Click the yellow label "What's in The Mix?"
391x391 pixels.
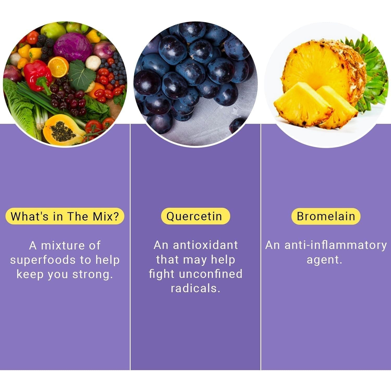click(x=65, y=216)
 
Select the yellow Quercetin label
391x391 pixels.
click(x=195, y=216)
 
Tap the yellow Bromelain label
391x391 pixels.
click(x=326, y=216)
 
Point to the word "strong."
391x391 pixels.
click(x=93, y=274)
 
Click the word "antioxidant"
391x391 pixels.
click(x=205, y=245)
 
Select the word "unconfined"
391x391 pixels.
click(x=211, y=274)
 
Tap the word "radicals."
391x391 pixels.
click(x=195, y=288)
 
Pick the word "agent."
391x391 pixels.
click(x=324, y=260)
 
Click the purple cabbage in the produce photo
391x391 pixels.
click(x=73, y=46)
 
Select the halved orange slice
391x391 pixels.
click(x=58, y=67)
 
